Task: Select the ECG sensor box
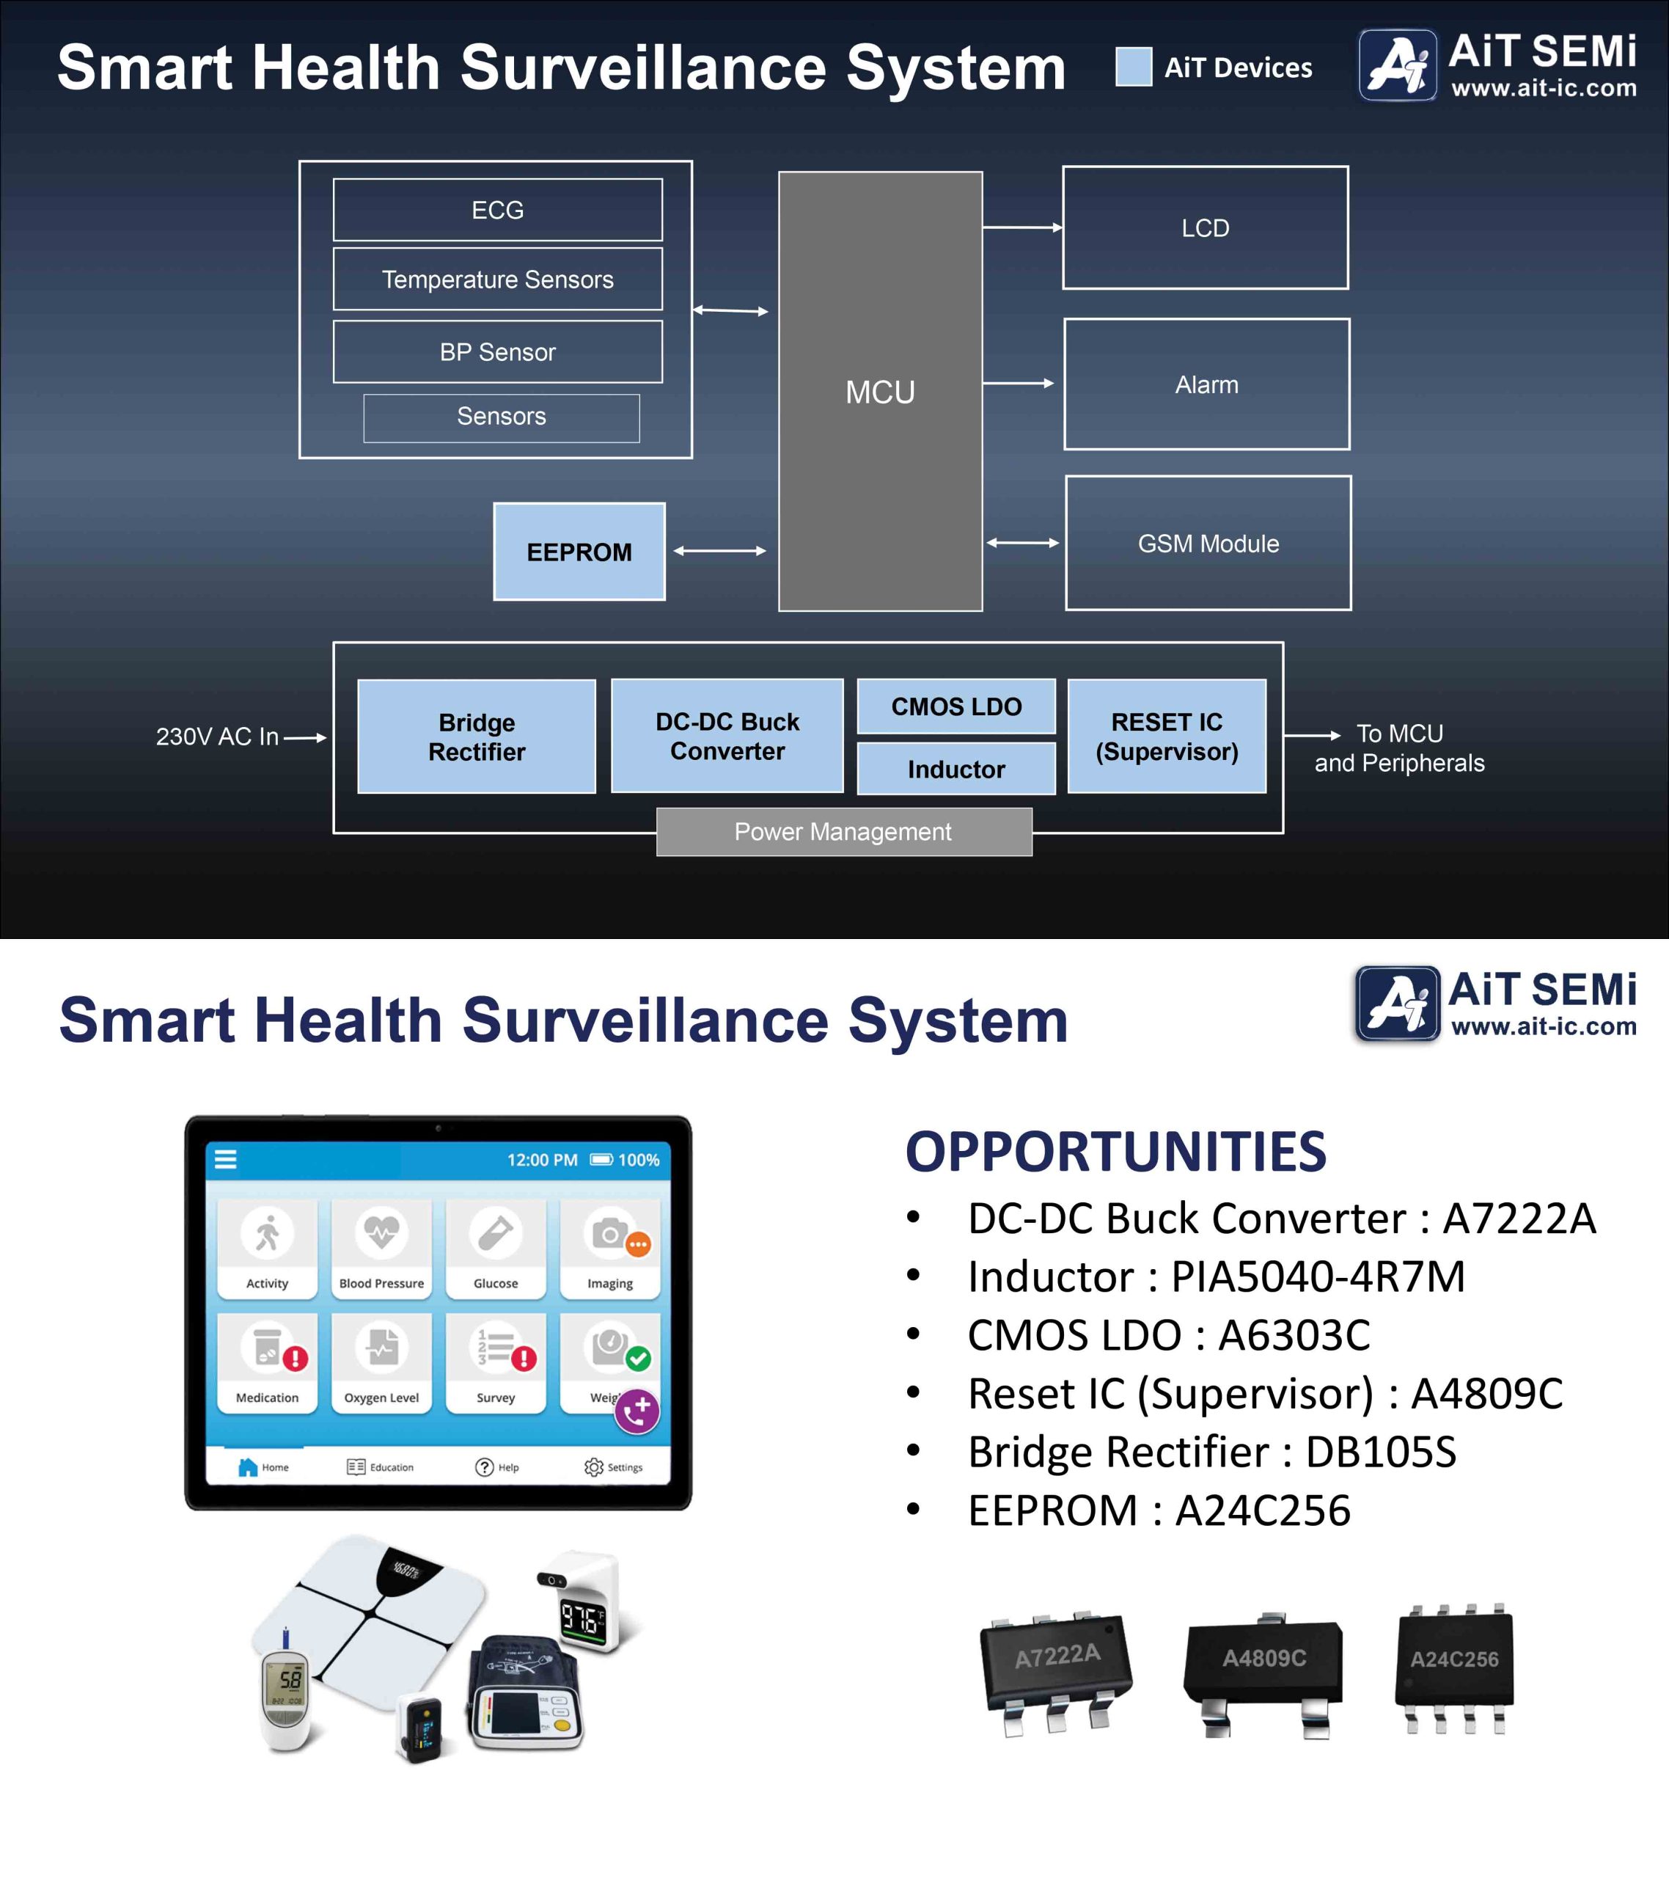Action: pyautogui.click(x=497, y=210)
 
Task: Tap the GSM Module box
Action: pyautogui.click(x=1208, y=543)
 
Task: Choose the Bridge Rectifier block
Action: pyautogui.click(x=476, y=736)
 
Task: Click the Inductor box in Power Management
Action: pyautogui.click(x=955, y=768)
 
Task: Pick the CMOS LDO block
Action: pyautogui.click(x=955, y=706)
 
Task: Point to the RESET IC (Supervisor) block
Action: pyautogui.click(x=1167, y=736)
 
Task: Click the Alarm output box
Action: pyautogui.click(x=1206, y=384)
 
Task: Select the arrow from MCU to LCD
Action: pyautogui.click(x=1021, y=227)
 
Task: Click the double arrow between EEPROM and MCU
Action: pyautogui.click(x=719, y=550)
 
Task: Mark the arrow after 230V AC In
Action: pyautogui.click(x=305, y=737)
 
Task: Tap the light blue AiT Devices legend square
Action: pyautogui.click(x=1134, y=66)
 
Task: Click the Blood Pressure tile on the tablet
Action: pyautogui.click(x=381, y=1248)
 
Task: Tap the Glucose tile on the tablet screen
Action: pyautogui.click(x=496, y=1248)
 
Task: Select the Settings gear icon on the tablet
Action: pyautogui.click(x=594, y=1467)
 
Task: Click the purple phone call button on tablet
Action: pyautogui.click(x=637, y=1411)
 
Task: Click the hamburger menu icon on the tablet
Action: pyautogui.click(x=226, y=1160)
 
